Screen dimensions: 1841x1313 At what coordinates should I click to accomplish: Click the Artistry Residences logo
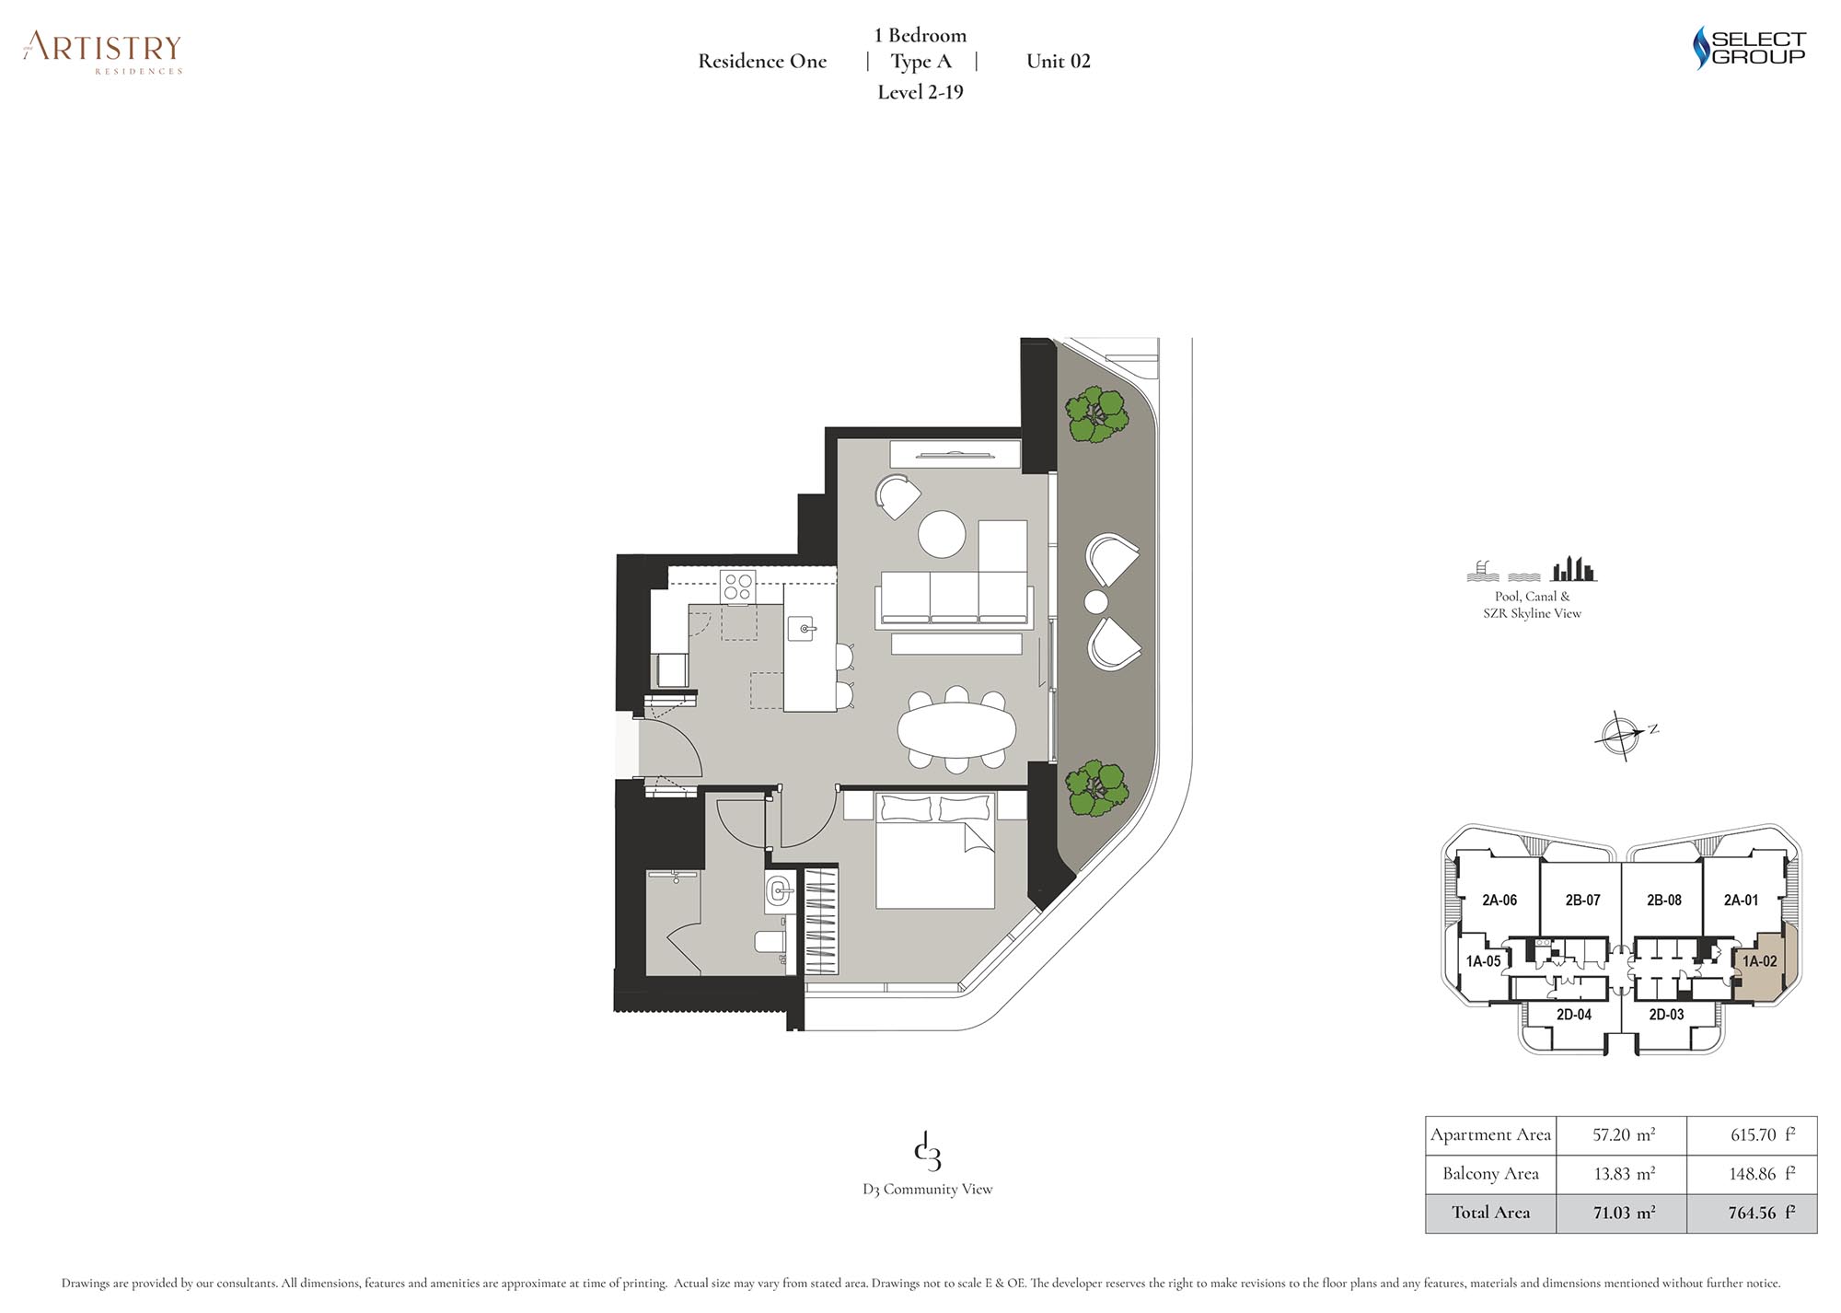(x=103, y=52)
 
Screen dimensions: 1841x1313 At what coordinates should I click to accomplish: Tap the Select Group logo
(x=1750, y=48)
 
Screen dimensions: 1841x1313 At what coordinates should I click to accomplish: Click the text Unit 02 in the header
(x=1059, y=62)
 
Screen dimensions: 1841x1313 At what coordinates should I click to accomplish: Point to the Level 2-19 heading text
(x=920, y=92)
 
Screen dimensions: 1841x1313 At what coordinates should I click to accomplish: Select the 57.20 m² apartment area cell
(x=1622, y=1135)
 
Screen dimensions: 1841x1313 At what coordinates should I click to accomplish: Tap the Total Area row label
(x=1491, y=1213)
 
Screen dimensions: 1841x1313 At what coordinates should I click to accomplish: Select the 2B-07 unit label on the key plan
(x=1582, y=901)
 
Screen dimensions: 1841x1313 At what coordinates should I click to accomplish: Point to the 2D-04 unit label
(x=1574, y=1015)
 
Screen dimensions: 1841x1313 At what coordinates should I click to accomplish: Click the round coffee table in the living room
(x=942, y=534)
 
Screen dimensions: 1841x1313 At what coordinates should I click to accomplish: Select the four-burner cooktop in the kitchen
(x=737, y=587)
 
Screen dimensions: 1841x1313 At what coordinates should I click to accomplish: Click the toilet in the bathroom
(x=771, y=941)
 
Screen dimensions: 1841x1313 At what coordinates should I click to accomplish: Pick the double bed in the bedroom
(x=934, y=850)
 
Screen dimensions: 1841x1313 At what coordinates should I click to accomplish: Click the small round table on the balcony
(x=1095, y=602)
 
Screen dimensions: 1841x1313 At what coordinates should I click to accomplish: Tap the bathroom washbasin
(x=779, y=891)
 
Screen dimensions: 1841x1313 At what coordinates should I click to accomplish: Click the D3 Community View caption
(x=928, y=1190)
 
